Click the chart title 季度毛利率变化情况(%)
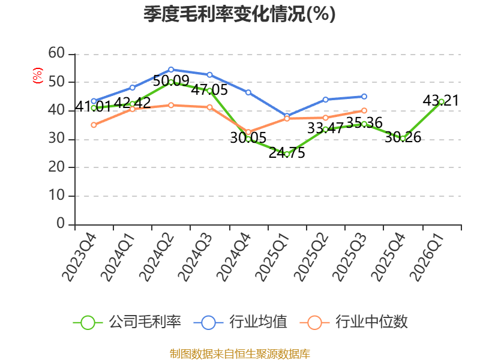click(239, 14)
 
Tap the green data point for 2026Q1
click(442, 102)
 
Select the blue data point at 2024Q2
click(171, 70)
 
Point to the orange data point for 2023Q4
click(94, 125)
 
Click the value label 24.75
click(287, 153)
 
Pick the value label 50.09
click(171, 81)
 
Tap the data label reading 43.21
click(441, 100)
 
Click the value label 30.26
click(403, 137)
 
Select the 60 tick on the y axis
click(56, 53)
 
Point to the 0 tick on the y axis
click(61, 223)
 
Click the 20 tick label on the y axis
click(56, 167)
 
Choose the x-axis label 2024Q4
click(233, 257)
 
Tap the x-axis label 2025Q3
click(349, 257)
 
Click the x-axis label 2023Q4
click(79, 257)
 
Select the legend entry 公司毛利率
click(127, 322)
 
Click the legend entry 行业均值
click(241, 322)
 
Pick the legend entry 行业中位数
click(354, 322)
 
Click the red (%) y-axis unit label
click(38, 76)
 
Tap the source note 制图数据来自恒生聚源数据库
click(240, 354)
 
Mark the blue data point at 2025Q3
click(364, 97)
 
